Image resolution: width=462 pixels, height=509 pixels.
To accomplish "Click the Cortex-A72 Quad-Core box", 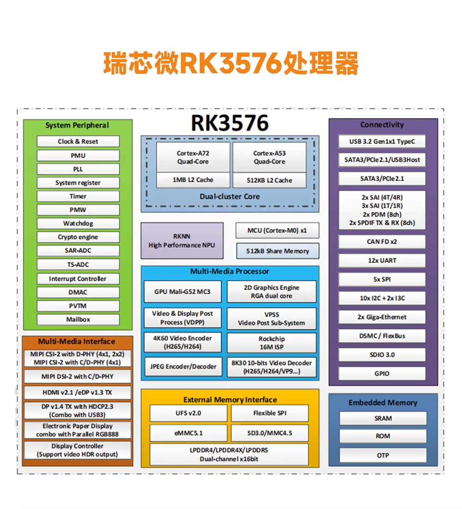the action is tap(193, 157).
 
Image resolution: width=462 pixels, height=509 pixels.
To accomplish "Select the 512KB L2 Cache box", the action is tap(269, 180).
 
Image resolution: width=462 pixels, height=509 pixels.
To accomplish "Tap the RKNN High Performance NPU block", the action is tap(182, 240).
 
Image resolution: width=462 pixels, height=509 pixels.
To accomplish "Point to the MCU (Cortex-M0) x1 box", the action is tap(277, 231).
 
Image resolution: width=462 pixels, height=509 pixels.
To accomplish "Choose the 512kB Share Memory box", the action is tap(277, 251).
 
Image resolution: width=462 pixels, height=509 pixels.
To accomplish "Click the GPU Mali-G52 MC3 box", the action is tap(182, 292).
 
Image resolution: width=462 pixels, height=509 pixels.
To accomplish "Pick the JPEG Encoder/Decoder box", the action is tap(183, 367).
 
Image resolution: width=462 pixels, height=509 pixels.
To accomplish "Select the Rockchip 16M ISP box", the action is tap(272, 343).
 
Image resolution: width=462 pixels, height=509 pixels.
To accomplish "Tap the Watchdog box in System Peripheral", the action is tap(78, 223).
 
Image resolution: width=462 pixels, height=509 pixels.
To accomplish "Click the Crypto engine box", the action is tap(78, 237).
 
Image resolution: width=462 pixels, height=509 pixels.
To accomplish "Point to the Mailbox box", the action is tap(78, 319).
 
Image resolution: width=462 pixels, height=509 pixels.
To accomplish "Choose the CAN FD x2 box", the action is tap(382, 241).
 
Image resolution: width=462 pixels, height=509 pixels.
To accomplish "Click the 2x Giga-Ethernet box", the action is tap(382, 317).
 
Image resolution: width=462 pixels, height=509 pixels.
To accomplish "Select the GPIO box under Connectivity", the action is tap(382, 373).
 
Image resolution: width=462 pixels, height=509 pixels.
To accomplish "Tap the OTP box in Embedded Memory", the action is tap(383, 455).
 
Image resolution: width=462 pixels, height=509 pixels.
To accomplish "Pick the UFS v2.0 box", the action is tap(188, 413).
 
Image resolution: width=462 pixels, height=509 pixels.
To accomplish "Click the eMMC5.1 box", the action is tap(188, 433).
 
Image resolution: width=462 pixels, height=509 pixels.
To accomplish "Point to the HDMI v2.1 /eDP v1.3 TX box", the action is tap(78, 392).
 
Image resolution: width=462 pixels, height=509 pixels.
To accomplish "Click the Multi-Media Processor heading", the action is tap(230, 271).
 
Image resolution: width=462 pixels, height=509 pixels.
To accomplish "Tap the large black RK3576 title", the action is tap(230, 123).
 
